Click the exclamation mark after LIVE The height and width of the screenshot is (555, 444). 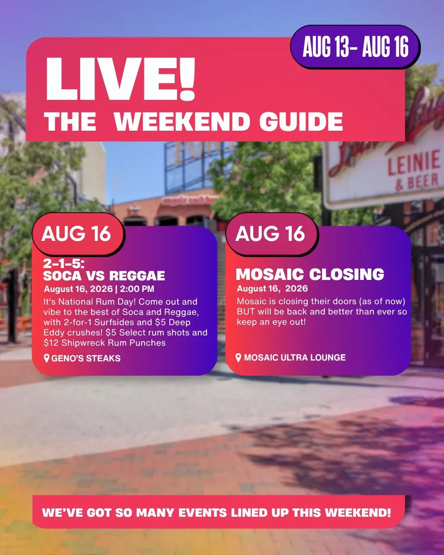pyautogui.click(x=187, y=79)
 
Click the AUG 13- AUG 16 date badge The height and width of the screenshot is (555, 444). pyautogui.click(x=355, y=47)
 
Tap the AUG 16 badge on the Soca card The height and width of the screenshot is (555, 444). pyautogui.click(x=78, y=234)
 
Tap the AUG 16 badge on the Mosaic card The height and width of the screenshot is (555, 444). pyautogui.click(x=272, y=234)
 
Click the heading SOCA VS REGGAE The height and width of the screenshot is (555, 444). pyautogui.click(x=104, y=276)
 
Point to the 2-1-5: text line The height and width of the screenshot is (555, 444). pyautogui.click(x=64, y=264)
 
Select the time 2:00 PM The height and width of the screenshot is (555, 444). pyautogui.click(x=137, y=289)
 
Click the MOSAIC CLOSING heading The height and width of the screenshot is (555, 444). pyautogui.click(x=310, y=274)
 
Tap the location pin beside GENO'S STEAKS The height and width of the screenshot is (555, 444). pyautogui.click(x=46, y=358)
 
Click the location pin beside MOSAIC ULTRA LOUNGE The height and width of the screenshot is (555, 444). pyautogui.click(x=238, y=357)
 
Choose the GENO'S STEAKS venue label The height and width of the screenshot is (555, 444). pyautogui.click(x=86, y=358)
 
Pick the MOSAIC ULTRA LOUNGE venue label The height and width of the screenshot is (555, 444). pyautogui.click(x=295, y=357)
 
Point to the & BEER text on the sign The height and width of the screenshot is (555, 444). pyautogui.click(x=417, y=182)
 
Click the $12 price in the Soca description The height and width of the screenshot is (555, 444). pyautogui.click(x=51, y=343)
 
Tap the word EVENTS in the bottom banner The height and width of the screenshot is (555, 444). pyautogui.click(x=203, y=513)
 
